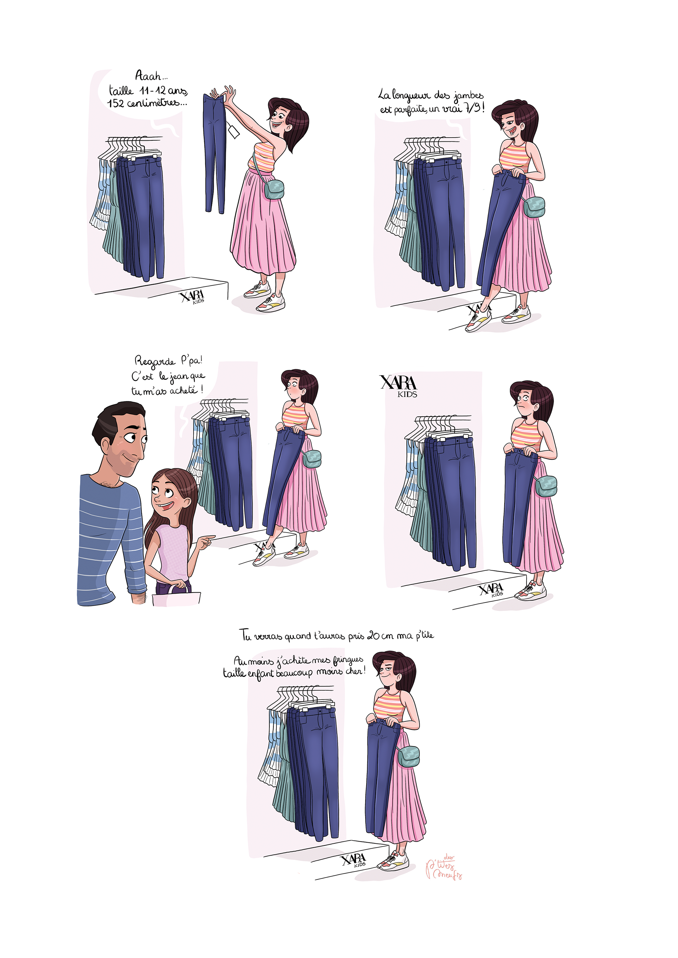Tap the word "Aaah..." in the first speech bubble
point(151,75)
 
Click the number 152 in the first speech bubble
point(116,103)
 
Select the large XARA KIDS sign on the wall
point(399,386)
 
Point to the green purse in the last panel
point(408,757)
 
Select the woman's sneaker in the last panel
point(393,862)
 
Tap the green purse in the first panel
point(274,189)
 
